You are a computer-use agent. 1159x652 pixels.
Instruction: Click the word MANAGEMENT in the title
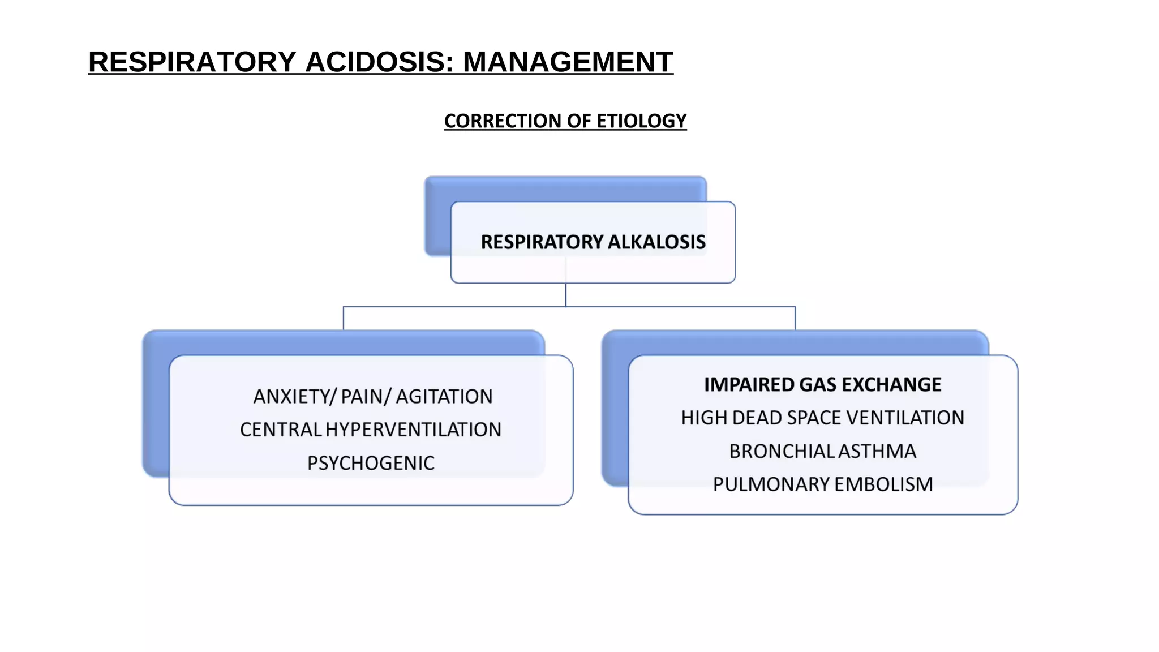(568, 62)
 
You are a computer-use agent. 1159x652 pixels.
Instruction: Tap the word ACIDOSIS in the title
(379, 62)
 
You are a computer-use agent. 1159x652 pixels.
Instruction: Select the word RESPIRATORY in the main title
(192, 62)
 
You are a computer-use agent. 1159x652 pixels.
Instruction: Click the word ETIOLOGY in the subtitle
(641, 121)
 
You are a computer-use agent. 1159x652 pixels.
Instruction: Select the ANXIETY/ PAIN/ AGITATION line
(372, 397)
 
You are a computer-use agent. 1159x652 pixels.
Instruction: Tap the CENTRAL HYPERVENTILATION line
(371, 430)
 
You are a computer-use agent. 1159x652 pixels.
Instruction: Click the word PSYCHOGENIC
(371, 464)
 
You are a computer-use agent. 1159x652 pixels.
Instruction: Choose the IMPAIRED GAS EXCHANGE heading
(822, 385)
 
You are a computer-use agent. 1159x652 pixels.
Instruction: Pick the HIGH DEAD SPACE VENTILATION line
(822, 418)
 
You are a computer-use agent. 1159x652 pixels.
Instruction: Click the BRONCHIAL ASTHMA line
(822, 452)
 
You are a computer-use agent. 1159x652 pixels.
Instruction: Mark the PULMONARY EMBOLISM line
(822, 485)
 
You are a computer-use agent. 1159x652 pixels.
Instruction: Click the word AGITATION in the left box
(444, 397)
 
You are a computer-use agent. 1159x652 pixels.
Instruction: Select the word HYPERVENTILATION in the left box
(413, 430)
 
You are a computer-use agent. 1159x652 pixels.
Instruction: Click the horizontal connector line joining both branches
(453, 307)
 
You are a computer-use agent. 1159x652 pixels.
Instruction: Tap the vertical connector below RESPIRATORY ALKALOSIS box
(565, 295)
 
